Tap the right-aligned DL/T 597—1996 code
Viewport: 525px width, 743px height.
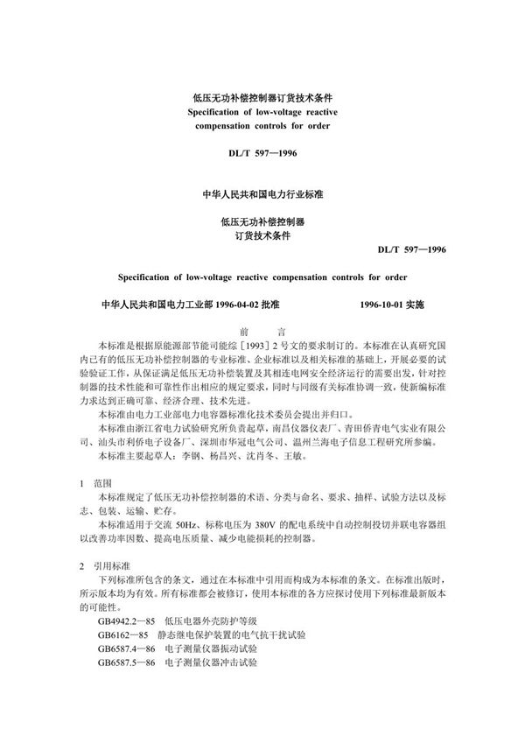point(413,249)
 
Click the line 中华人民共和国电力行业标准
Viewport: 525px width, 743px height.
point(262,190)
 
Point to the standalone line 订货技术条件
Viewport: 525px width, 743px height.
point(262,235)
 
